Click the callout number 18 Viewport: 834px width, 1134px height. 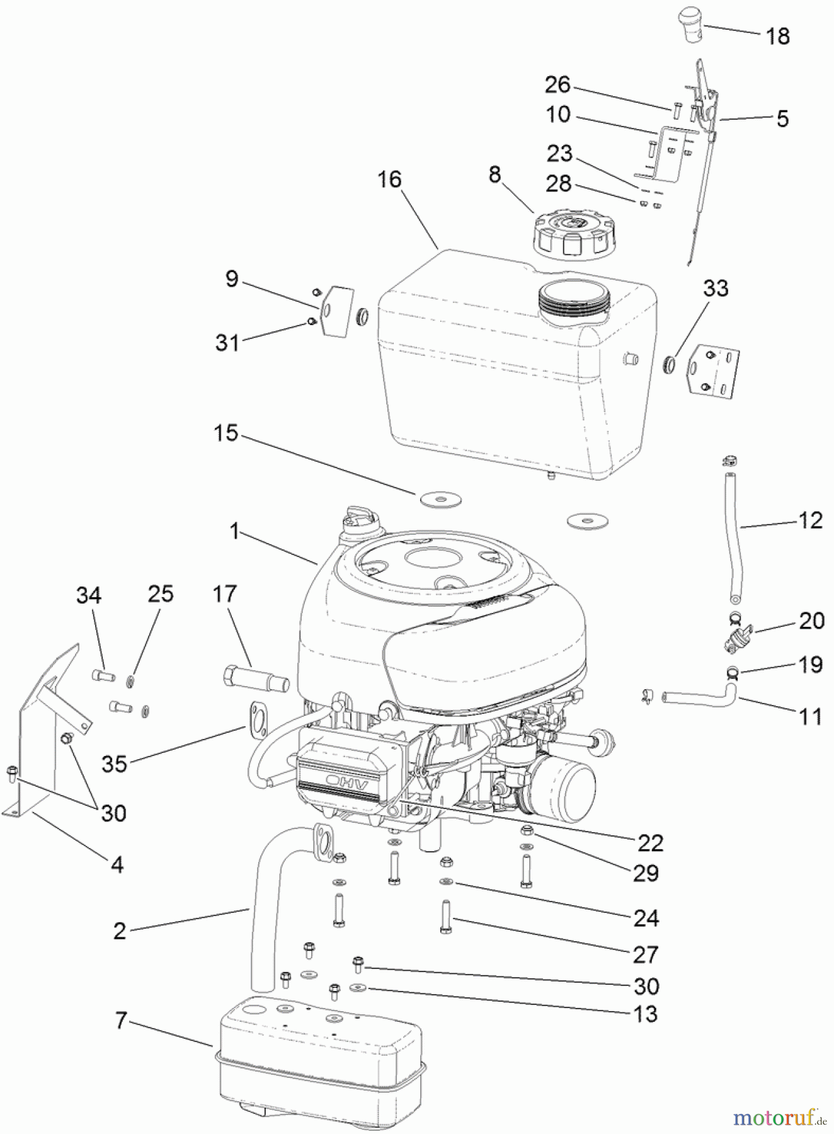(778, 37)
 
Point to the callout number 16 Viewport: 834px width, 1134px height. (389, 180)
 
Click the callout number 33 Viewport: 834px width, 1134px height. (716, 289)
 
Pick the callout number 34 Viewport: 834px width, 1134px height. (89, 595)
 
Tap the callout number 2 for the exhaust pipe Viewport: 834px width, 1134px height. (120, 931)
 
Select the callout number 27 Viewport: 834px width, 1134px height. (646, 955)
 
